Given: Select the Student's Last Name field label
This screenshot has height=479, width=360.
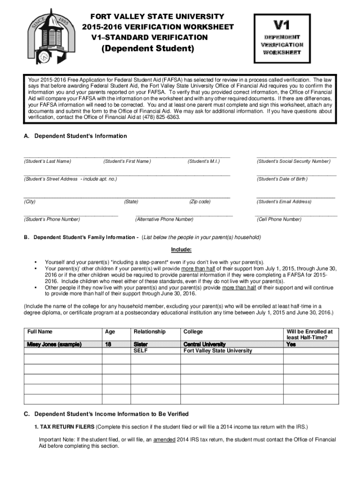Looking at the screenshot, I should (x=47, y=161).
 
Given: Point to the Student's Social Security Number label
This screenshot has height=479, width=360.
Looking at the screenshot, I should (x=293, y=161).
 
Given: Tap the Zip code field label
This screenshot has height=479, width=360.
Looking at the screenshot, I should (x=200, y=202).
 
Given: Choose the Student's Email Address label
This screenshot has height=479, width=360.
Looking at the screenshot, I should (x=284, y=202).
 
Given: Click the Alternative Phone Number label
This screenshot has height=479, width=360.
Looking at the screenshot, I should (x=164, y=219).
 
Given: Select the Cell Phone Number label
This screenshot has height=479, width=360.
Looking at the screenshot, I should (x=279, y=219).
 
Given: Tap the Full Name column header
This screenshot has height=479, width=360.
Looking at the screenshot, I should (x=40, y=332).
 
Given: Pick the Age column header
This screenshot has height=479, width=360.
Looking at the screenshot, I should (x=110, y=332).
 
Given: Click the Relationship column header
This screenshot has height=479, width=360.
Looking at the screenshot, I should (x=150, y=332).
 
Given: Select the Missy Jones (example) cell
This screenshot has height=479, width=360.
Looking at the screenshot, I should (x=54, y=344).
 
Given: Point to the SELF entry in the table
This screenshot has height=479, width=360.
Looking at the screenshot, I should (x=141, y=350).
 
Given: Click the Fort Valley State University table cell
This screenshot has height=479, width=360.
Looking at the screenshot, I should (x=217, y=350).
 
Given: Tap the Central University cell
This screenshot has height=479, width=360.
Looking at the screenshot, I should (x=204, y=344).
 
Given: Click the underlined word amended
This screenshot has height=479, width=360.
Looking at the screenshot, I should (x=164, y=440).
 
